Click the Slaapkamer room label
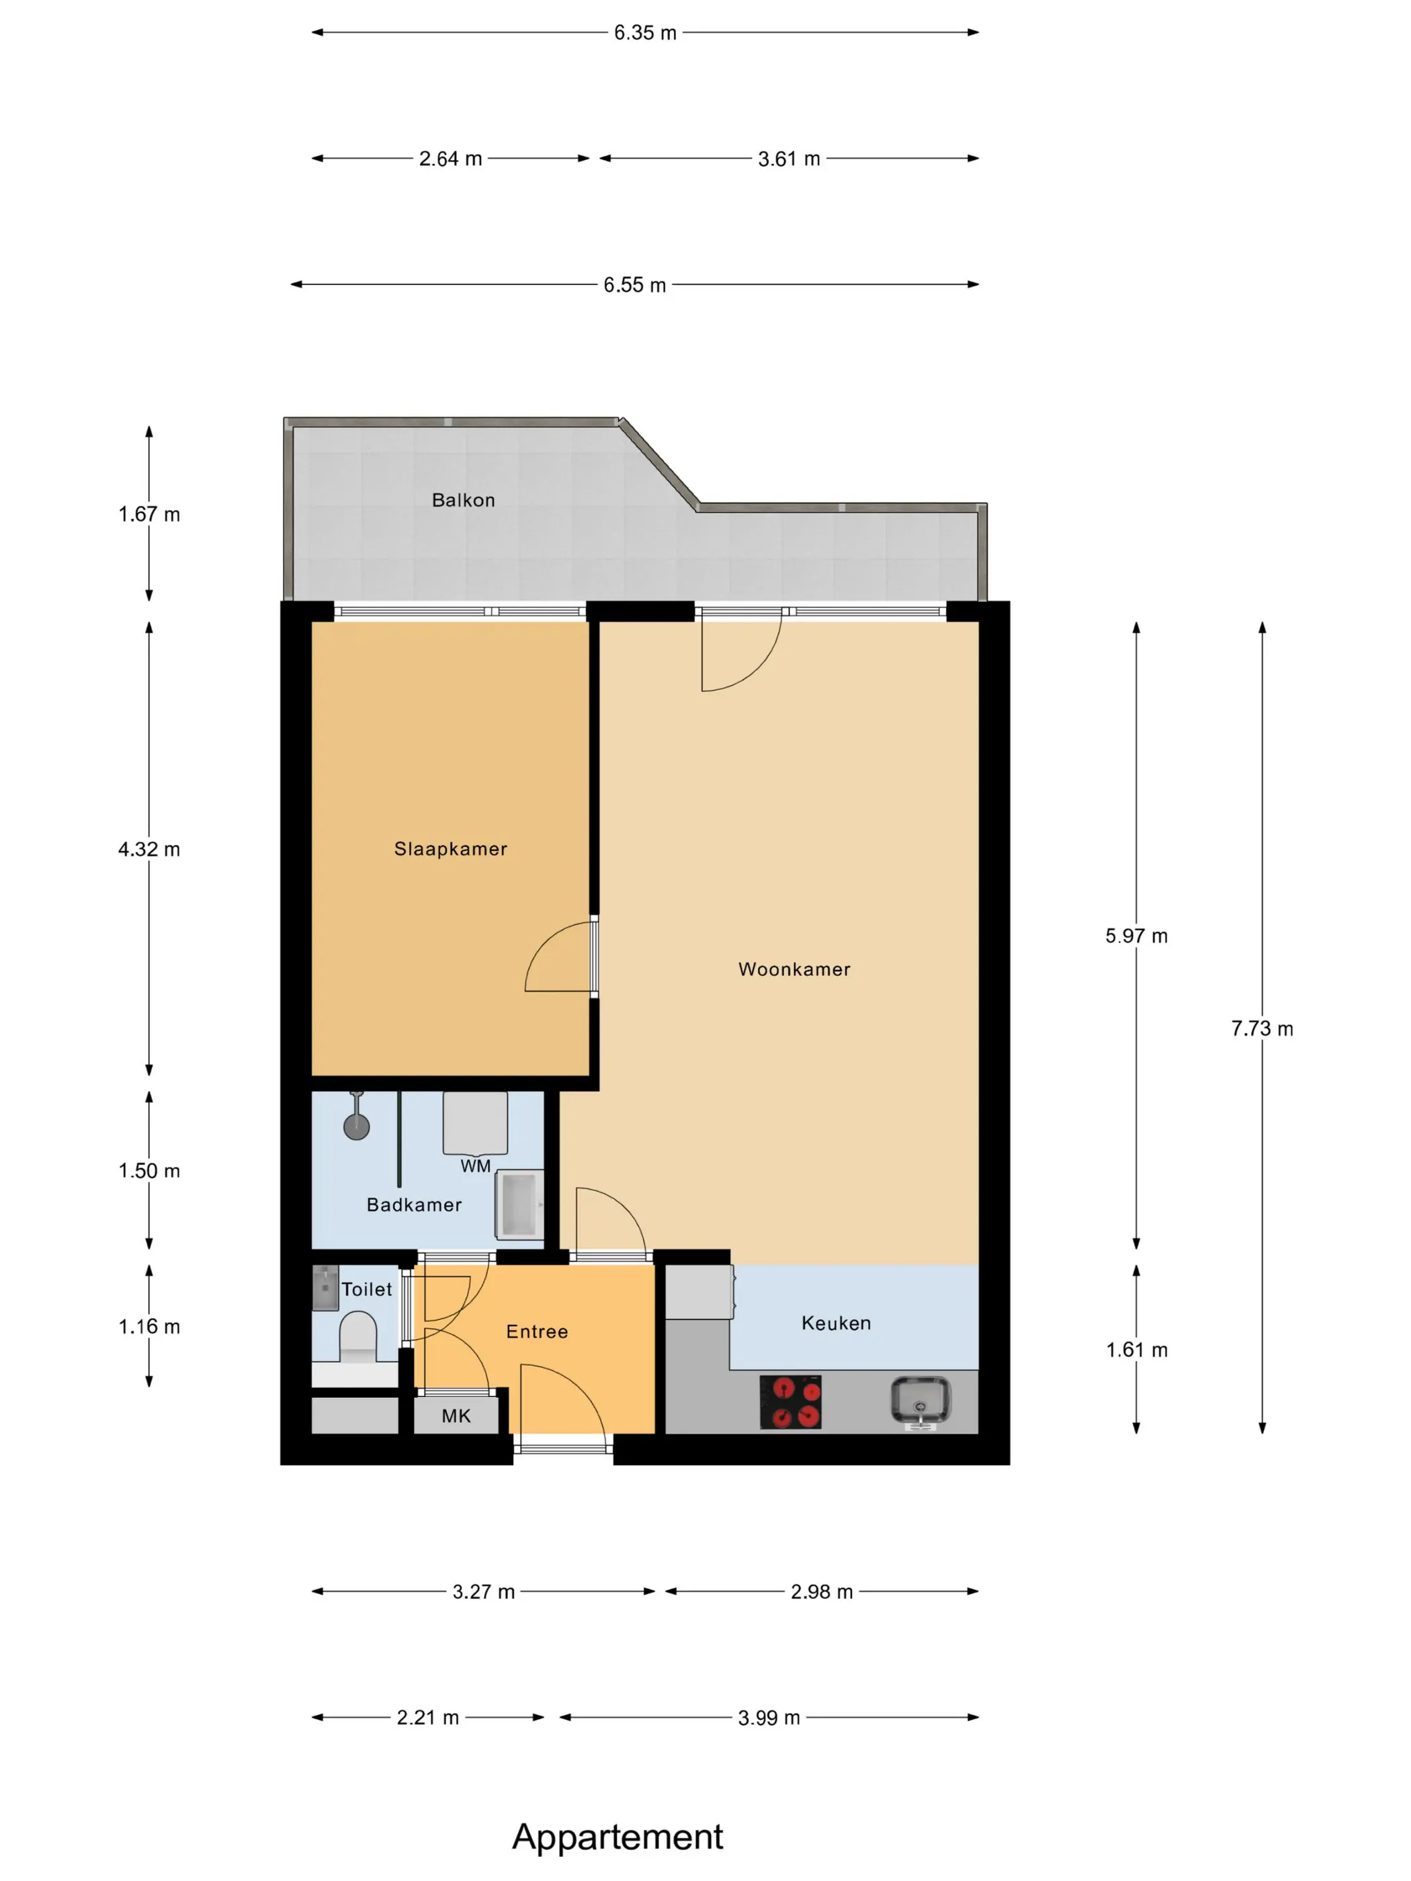(x=450, y=848)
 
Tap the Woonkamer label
(x=794, y=969)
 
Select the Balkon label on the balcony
(x=464, y=500)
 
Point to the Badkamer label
(x=414, y=1205)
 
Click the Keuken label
(x=836, y=1323)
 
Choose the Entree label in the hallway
(x=537, y=1331)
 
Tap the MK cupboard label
(x=456, y=1416)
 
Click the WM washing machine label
(x=476, y=1166)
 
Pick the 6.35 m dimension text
(x=646, y=32)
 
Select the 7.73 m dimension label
(x=1262, y=1029)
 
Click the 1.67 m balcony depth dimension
(x=149, y=515)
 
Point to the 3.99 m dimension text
(x=769, y=1718)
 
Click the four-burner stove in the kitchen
(x=790, y=1402)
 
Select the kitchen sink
(x=921, y=1401)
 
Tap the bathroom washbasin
(x=519, y=1204)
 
